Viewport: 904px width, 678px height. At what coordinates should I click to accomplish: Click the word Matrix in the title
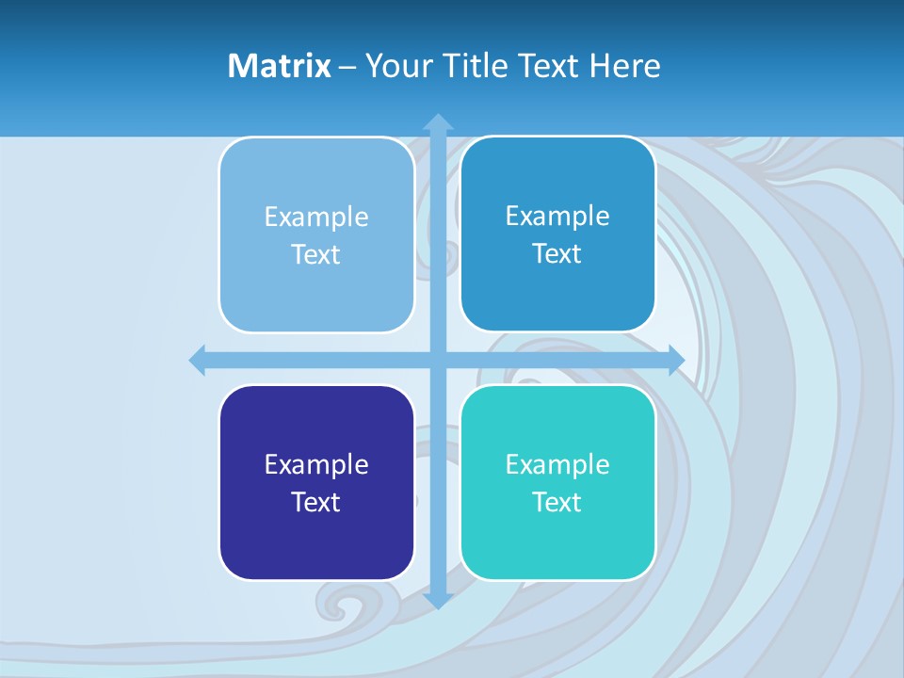(x=279, y=66)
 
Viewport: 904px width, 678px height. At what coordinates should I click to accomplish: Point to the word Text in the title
(x=550, y=66)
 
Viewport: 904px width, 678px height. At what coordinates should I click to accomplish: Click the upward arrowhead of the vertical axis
(x=438, y=121)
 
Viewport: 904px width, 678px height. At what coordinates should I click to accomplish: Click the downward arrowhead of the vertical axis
(x=438, y=600)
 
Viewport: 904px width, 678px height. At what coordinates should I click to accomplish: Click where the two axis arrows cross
(x=438, y=360)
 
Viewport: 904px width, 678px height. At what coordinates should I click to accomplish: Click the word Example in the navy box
(x=316, y=464)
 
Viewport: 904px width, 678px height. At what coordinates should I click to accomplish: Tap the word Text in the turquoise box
(x=557, y=502)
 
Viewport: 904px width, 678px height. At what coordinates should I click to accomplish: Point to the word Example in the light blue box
(x=316, y=217)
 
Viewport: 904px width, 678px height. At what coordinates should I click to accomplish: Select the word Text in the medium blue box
(x=557, y=253)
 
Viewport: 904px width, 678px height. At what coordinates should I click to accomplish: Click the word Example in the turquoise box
(x=557, y=464)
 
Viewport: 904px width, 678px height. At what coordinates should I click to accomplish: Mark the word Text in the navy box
(x=316, y=502)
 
